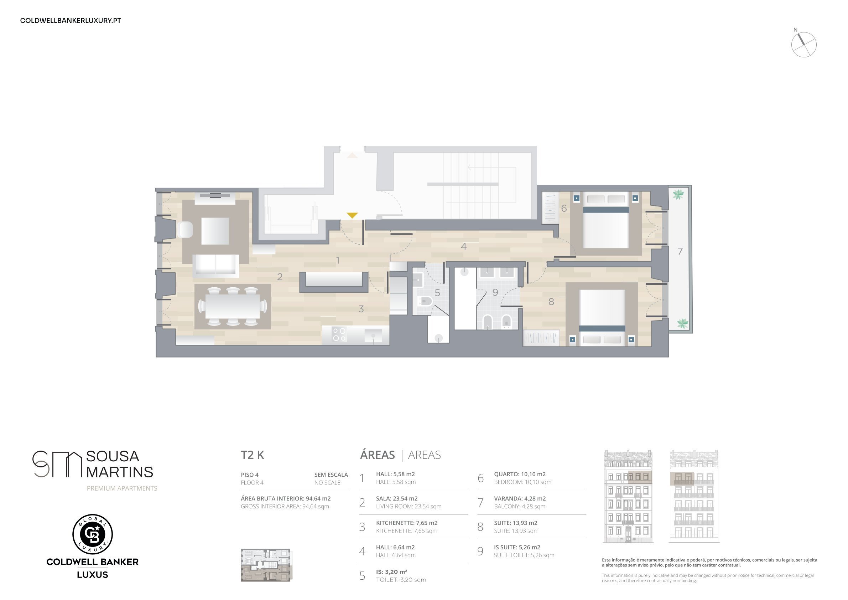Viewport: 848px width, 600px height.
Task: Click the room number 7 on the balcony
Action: (x=680, y=251)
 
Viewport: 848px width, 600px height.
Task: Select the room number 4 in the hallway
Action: (x=463, y=246)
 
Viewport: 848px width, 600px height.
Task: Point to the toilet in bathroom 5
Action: (x=425, y=301)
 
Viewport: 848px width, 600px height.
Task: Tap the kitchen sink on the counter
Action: (x=373, y=336)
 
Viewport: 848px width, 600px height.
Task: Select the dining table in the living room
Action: (x=233, y=307)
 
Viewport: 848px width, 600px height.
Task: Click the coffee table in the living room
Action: (x=215, y=231)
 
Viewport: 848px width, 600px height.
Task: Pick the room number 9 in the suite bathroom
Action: (x=495, y=292)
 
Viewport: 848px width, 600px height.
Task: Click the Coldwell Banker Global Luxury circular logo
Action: (x=92, y=534)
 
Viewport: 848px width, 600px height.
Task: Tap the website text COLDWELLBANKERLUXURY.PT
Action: (x=71, y=21)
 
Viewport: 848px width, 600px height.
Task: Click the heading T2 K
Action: (x=253, y=455)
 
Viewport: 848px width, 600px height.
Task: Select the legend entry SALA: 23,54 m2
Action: (x=397, y=498)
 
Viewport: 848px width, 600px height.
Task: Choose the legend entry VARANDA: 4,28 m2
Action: (x=520, y=498)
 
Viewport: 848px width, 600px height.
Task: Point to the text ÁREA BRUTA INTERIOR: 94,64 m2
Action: (x=286, y=498)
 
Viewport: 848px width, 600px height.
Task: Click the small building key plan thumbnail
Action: (x=266, y=565)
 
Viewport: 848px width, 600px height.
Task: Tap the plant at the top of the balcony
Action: (x=678, y=194)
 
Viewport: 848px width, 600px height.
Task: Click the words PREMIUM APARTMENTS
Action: (x=122, y=488)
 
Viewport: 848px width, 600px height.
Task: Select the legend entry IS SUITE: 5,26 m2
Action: (x=517, y=547)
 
